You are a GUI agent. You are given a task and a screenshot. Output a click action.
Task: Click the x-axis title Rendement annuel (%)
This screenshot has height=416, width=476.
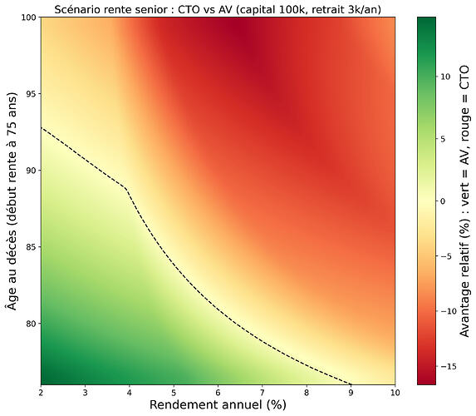[218, 405]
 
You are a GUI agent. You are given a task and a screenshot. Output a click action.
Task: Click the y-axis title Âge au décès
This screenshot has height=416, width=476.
[11, 200]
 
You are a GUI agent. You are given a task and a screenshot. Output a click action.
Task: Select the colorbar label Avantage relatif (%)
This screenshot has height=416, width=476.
[464, 200]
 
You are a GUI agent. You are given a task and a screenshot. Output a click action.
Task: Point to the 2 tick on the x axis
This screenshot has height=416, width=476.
[41, 391]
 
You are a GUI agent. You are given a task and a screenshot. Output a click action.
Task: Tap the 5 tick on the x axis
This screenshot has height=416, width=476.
[173, 391]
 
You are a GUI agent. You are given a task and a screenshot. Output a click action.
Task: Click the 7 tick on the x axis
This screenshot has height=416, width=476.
[262, 391]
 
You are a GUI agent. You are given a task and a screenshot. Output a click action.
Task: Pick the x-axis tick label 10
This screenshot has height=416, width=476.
[394, 391]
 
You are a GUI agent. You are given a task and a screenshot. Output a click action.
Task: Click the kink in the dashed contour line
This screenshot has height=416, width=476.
[125, 189]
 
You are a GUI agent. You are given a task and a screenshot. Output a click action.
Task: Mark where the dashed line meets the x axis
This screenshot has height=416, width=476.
[351, 384]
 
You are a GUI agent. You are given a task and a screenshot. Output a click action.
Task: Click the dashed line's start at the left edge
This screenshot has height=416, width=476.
[42, 127]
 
